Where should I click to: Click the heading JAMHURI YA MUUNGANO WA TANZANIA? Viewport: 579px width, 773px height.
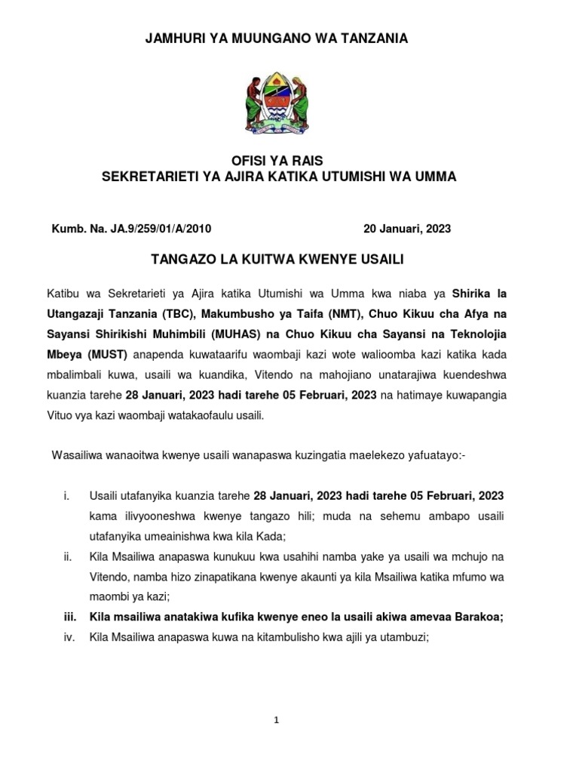tap(277, 38)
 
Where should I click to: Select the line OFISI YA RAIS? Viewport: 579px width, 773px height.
tap(277, 160)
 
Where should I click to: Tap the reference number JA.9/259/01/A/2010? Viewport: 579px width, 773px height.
tap(166, 228)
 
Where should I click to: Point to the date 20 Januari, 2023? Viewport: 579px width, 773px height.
tap(407, 228)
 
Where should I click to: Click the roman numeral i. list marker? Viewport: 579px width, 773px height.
tap(67, 495)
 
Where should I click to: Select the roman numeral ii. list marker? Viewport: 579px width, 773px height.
tap(67, 556)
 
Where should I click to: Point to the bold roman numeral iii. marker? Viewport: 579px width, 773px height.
tap(68, 617)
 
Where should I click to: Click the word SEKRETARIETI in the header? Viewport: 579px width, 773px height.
tap(142, 177)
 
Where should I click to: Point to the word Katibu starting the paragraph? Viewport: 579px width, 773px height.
tap(63, 291)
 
